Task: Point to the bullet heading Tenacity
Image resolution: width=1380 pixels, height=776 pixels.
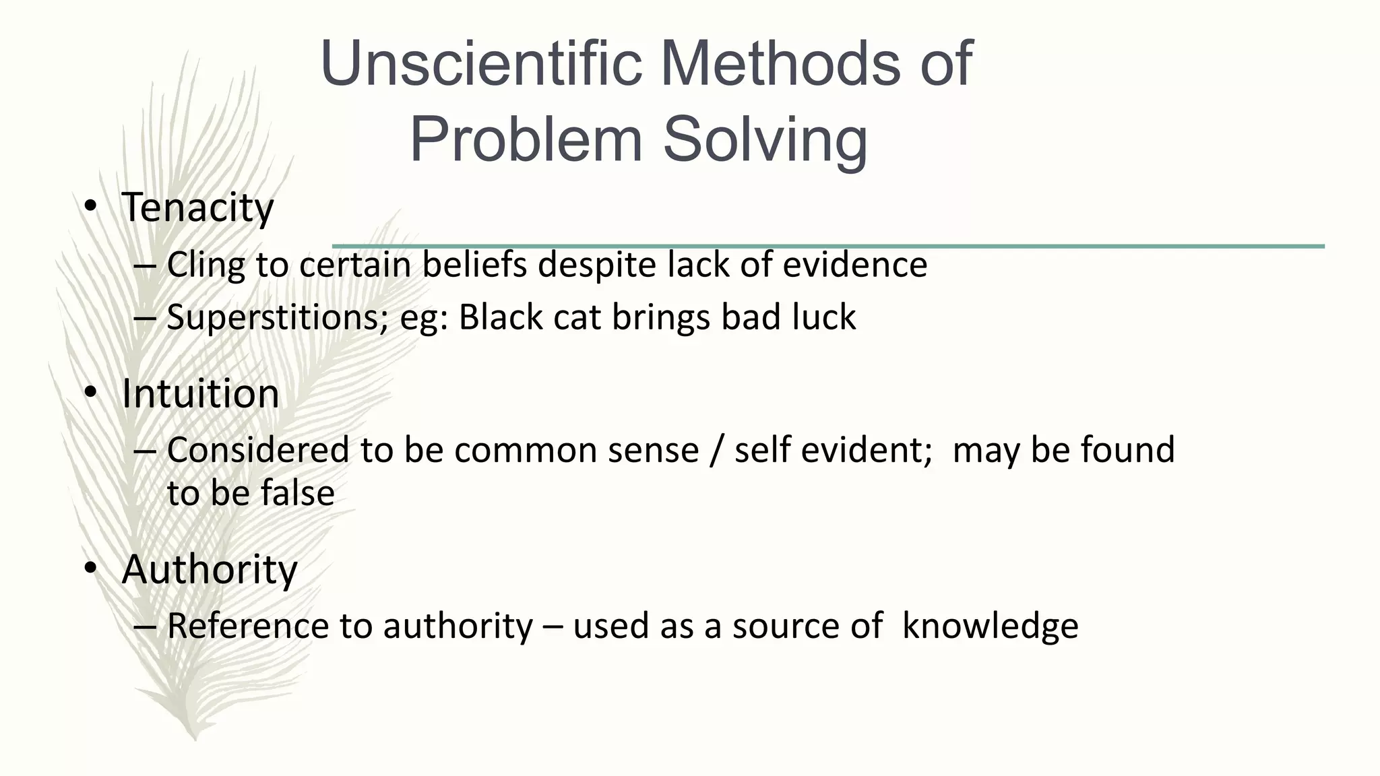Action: point(197,207)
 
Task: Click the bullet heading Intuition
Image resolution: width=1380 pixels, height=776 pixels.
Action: point(200,393)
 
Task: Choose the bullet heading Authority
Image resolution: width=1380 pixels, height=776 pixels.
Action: point(209,570)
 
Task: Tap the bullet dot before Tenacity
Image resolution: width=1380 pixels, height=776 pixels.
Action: point(90,207)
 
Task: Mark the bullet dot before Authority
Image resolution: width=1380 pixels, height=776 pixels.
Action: point(90,570)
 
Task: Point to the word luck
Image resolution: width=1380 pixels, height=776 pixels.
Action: point(823,317)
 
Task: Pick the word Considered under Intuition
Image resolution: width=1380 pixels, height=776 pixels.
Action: point(257,450)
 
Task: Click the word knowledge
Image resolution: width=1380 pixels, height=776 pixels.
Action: point(990,626)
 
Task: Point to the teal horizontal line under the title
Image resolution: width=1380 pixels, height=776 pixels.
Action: point(1011,246)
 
